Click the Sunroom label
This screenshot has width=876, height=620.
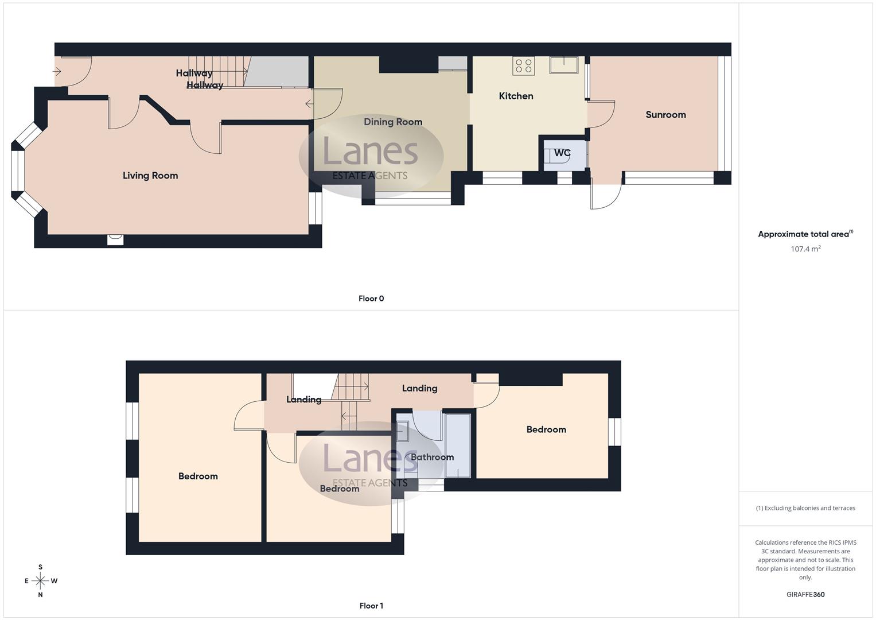pos(665,115)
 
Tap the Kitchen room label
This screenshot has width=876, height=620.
pos(516,96)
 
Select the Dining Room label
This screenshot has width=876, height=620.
pos(393,122)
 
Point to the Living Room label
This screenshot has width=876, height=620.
pos(150,176)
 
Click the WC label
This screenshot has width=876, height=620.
pos(562,153)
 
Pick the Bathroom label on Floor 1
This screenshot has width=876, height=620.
pos(432,457)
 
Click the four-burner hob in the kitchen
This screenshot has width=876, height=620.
pos(524,65)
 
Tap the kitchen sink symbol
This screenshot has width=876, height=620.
pos(564,64)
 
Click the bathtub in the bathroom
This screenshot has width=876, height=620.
pos(458,446)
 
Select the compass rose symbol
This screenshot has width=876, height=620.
pos(40,581)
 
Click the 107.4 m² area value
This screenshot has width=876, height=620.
pos(805,249)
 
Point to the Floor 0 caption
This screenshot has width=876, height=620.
pos(371,299)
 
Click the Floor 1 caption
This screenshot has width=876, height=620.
pos(371,606)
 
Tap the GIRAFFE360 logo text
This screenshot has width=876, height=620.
pos(805,595)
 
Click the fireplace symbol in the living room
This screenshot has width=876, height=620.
pos(115,239)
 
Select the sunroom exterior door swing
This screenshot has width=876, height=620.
pos(606,195)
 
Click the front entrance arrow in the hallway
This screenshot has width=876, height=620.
pos(57,72)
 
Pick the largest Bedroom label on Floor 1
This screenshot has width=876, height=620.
pos(198,476)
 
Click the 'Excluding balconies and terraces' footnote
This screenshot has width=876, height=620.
pos(805,508)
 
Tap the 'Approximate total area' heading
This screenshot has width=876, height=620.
pos(805,234)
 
